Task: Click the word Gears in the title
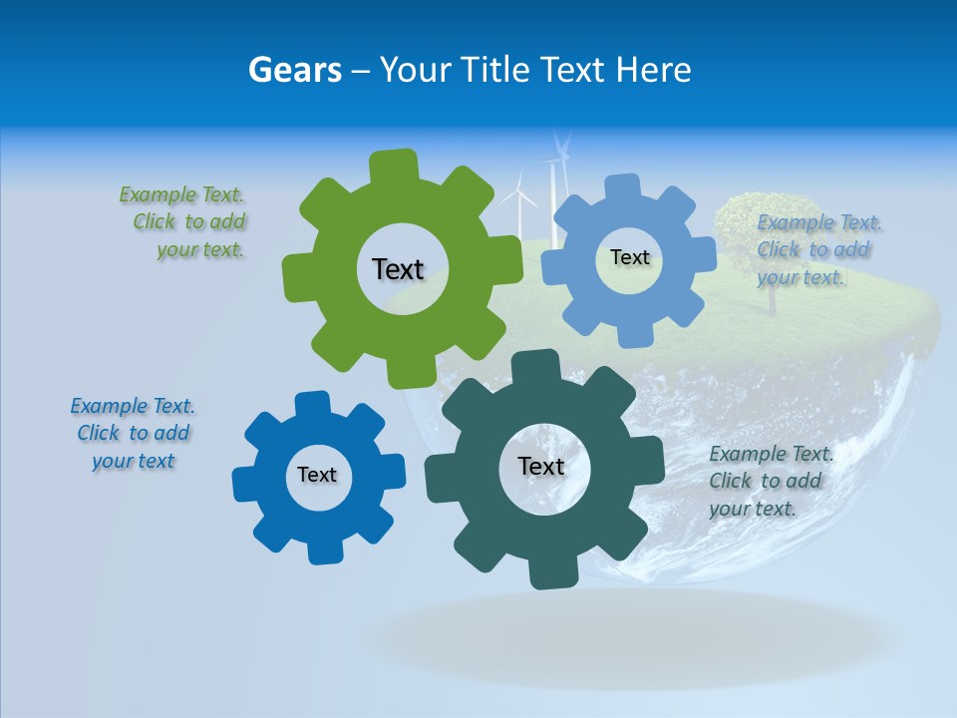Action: (294, 70)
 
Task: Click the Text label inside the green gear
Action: (398, 269)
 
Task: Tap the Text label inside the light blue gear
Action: (629, 257)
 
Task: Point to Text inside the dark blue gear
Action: (317, 476)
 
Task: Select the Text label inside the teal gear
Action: (541, 467)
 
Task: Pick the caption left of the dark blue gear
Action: (133, 434)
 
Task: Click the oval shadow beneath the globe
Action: (618, 638)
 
